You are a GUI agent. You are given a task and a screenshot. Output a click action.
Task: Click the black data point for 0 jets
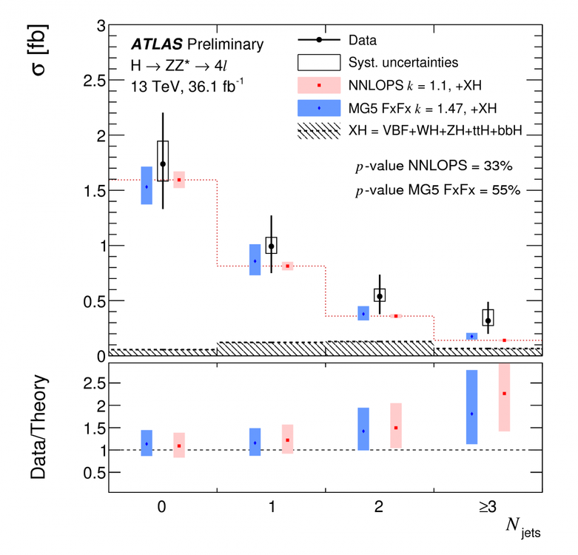[163, 164]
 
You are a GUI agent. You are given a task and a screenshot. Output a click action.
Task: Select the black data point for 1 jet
[271, 246]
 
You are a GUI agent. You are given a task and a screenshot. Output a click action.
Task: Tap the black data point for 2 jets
[380, 296]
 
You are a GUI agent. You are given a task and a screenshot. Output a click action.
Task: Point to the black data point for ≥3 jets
[488, 320]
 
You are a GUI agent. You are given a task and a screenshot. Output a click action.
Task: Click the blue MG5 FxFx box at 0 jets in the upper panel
[147, 186]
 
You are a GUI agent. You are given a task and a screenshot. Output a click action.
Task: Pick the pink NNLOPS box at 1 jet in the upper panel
[287, 266]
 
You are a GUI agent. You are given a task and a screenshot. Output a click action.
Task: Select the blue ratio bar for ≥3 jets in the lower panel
[471, 407]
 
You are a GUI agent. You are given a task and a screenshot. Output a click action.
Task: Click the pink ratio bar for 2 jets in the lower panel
[396, 425]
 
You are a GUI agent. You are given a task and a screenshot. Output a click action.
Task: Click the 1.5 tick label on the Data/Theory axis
[91, 428]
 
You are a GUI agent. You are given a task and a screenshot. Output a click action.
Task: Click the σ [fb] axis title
[41, 55]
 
